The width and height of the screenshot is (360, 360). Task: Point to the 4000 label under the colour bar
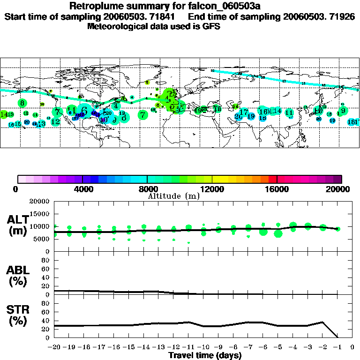point(82,189)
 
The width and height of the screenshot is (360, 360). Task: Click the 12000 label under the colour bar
point(212,189)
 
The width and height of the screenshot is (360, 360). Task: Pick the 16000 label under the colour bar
point(277,189)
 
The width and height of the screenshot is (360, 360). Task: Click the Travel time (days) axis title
point(205,356)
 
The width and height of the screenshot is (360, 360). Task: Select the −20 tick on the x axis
point(54,347)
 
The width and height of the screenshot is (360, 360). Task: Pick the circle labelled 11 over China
point(289,112)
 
